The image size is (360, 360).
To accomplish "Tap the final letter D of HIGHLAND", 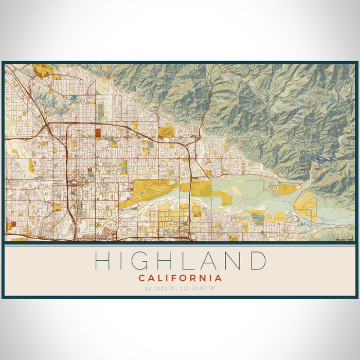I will pos(256,261).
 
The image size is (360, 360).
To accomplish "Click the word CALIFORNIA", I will pos(180,278).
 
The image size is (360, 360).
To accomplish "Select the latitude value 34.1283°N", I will pos(161,288).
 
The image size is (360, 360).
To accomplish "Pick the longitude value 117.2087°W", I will pos(199,288).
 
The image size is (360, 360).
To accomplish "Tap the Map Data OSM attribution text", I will pos(345,239).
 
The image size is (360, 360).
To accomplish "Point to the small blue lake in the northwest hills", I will pos(74,97).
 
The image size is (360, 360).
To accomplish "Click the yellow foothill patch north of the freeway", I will pos(166,131).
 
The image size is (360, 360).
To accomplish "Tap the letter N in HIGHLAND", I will pos(230,261).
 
